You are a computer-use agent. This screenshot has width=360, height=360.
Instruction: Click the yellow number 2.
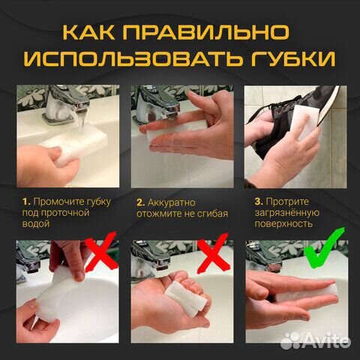point(140,201)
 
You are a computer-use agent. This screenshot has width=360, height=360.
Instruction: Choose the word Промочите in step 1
point(58,201)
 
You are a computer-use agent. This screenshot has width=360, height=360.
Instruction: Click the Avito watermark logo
point(322,342)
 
